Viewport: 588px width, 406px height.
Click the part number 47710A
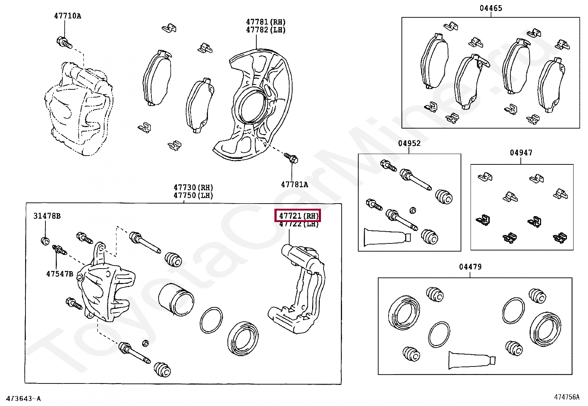coord(68,16)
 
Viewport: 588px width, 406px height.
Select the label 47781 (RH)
coord(266,22)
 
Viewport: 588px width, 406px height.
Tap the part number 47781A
coord(294,184)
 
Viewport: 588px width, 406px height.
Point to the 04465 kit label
coord(491,8)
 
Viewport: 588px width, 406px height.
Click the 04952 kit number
coord(409,143)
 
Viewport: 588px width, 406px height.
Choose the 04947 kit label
coord(521,153)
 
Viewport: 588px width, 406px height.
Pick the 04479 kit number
coord(470,267)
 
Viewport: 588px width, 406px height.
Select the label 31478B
coord(47,216)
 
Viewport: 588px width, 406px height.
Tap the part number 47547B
coord(59,274)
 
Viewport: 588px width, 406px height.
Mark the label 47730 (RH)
coord(193,188)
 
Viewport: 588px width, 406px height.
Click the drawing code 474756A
coord(567,397)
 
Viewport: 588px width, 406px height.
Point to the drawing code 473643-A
coord(24,399)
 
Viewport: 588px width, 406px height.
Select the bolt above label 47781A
coord(291,158)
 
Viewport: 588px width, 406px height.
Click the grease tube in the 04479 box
coord(471,360)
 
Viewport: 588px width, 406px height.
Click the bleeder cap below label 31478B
coord(45,241)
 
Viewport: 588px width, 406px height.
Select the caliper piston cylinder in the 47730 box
coord(176,300)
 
